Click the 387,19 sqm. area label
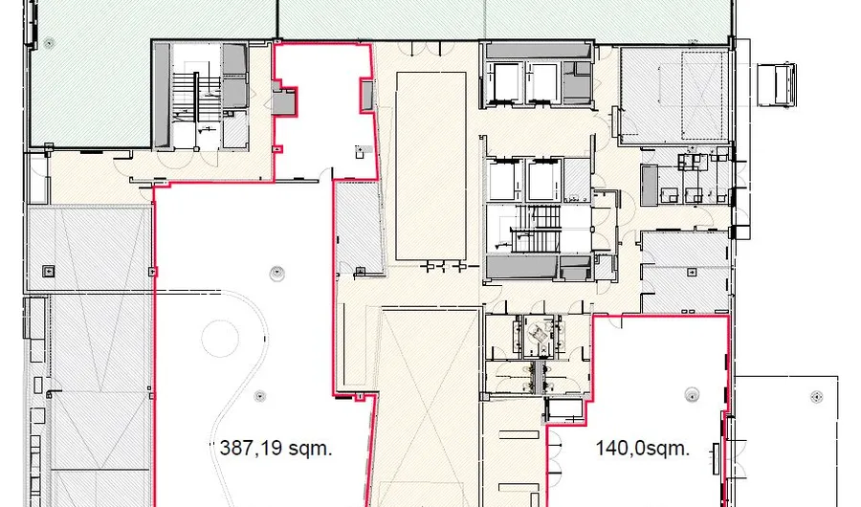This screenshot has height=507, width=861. point(276,449)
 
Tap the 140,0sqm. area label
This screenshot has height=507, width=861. point(643,449)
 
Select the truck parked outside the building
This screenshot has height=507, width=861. point(777,83)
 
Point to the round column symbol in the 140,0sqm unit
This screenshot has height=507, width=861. point(692,394)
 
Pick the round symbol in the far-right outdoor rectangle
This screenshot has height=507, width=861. point(817,397)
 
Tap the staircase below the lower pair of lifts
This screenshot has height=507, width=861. point(535,230)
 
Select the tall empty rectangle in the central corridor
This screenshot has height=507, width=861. point(431,165)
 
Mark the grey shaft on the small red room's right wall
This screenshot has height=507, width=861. point(366,95)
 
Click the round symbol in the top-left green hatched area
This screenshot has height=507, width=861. point(50,42)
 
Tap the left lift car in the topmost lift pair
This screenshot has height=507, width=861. point(504,83)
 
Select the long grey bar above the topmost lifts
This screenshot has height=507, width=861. point(537,51)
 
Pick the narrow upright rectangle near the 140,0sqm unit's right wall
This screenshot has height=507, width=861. point(716,458)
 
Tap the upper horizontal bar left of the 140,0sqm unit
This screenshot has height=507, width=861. point(519,434)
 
